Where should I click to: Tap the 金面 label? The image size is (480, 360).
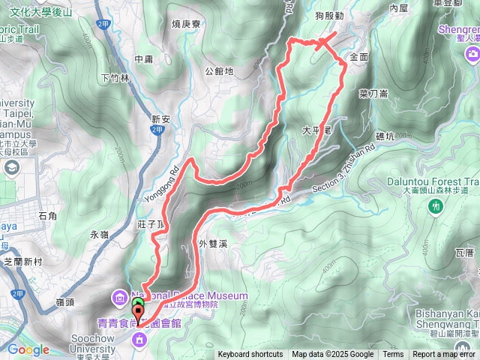(x=358, y=57)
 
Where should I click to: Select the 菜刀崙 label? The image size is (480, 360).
(x=373, y=93)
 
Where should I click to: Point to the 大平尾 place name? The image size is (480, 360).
(x=316, y=130)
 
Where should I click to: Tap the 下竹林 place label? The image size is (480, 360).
(x=115, y=77)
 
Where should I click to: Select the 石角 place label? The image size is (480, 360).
(x=46, y=216)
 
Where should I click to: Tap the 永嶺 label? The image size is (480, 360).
(x=100, y=234)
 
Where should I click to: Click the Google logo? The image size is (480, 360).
(x=28, y=349)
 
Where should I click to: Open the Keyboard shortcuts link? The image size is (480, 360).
(x=250, y=355)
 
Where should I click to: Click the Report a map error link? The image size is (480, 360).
(x=445, y=355)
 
